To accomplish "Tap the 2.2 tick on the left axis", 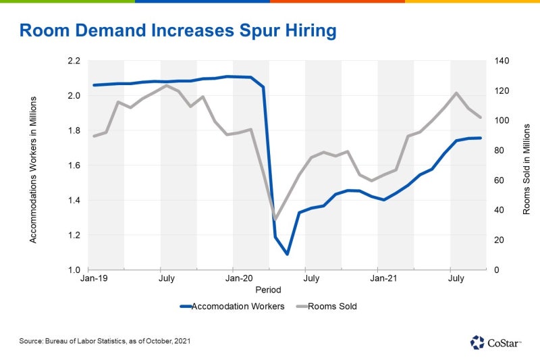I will [74, 61].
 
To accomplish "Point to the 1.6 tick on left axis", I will [74, 165].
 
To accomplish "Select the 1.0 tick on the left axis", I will [74, 270].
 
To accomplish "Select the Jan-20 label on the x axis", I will [238, 278].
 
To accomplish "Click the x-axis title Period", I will [268, 289].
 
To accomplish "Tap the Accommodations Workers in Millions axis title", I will [32, 169].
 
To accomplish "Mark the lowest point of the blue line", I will [287, 255].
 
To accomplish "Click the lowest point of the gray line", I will [275, 220].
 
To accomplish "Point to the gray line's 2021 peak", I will [457, 93].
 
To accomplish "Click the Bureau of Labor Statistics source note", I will [105, 341].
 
